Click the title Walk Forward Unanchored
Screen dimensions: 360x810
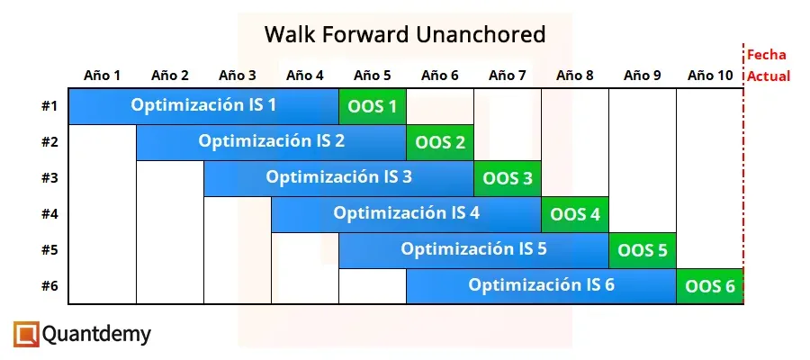pos(404,35)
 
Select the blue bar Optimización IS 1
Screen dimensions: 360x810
pos(204,105)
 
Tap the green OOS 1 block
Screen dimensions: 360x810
pos(372,106)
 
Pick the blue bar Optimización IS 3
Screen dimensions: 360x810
pos(338,177)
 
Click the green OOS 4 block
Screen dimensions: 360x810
pos(574,214)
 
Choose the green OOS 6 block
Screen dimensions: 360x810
pos(709,286)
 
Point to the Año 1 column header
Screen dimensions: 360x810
pos(103,76)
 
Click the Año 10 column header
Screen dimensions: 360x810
pos(710,76)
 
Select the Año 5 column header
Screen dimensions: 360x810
pos(373,76)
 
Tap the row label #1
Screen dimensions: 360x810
pos(49,106)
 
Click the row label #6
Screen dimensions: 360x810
pos(49,286)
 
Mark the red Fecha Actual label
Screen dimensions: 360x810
pos(768,66)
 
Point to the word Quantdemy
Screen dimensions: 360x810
pos(96,335)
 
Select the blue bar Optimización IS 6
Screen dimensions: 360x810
pos(541,285)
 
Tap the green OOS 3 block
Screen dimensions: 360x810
pos(507,178)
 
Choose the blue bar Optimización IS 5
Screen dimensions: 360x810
pos(473,249)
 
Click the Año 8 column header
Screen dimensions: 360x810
pos(575,76)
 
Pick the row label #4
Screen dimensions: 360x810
pos(49,214)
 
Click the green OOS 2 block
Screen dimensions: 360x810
pos(439,142)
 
